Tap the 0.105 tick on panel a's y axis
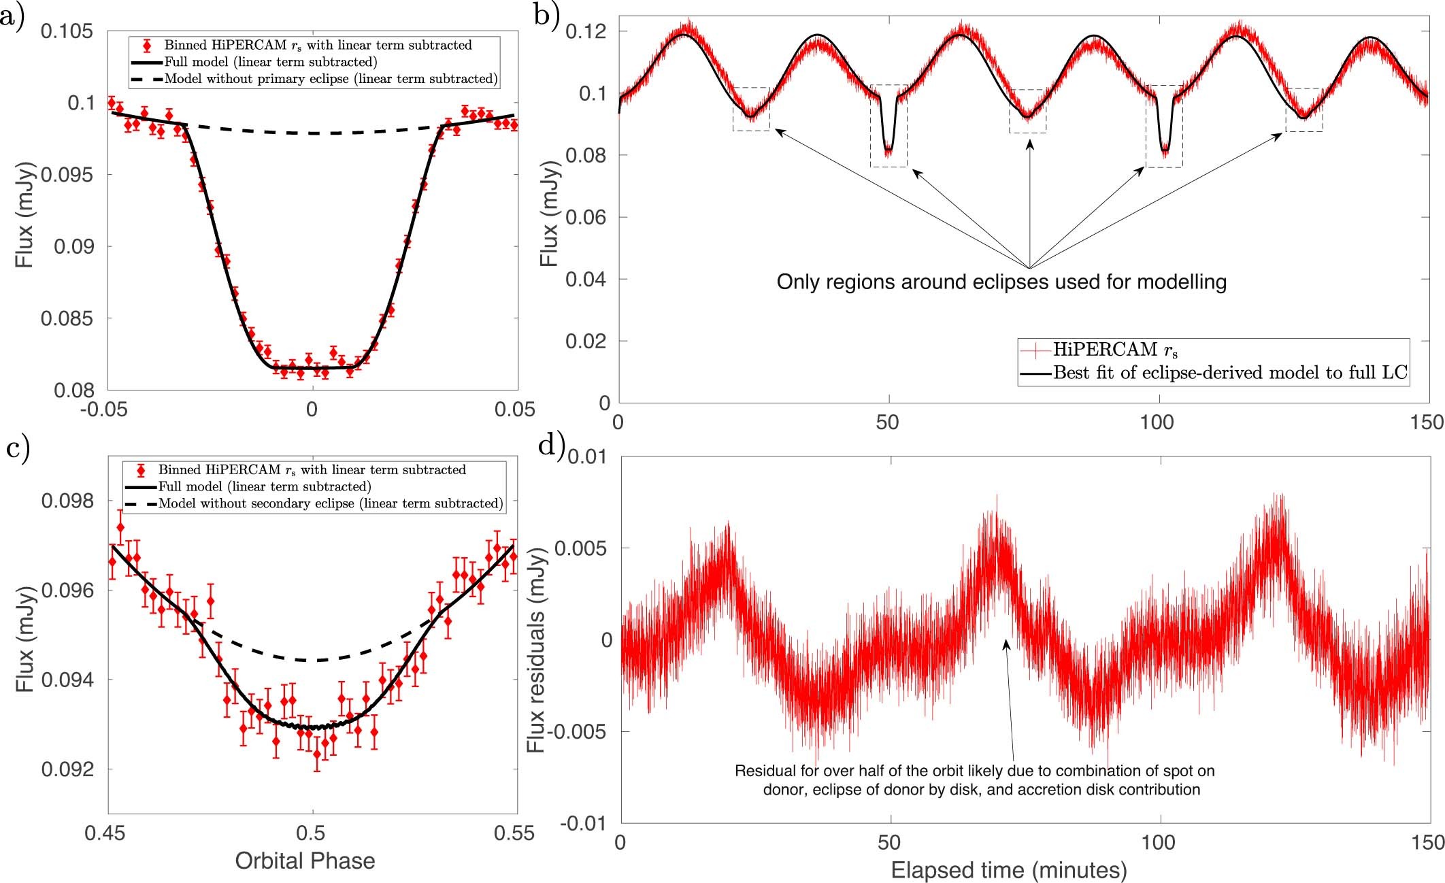click(x=67, y=31)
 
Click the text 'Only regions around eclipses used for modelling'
click(x=1001, y=282)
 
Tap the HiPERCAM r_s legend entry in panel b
click(x=1116, y=350)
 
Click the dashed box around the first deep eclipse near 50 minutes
click(x=888, y=126)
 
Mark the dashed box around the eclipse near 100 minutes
click(x=1164, y=126)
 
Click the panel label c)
click(x=16, y=451)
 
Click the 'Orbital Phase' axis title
click(x=305, y=861)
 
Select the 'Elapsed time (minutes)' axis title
click(x=1009, y=870)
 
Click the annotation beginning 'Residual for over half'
click(x=974, y=780)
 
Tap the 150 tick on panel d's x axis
click(x=1426, y=843)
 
